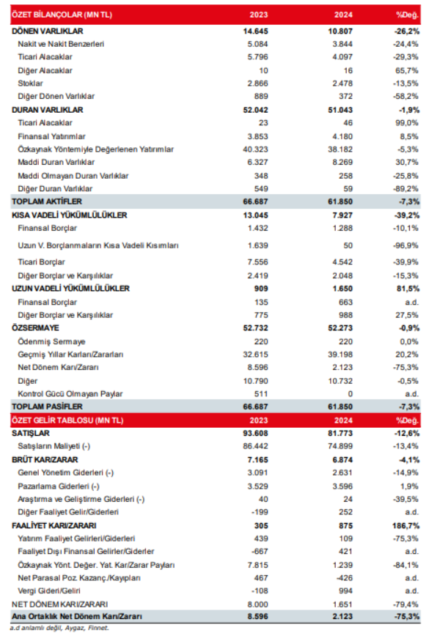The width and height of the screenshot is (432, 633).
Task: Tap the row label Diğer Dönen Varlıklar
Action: (x=56, y=97)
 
